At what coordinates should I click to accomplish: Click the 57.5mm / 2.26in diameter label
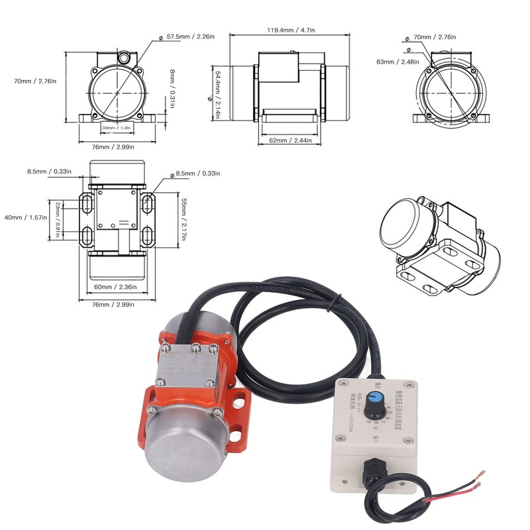point(191,37)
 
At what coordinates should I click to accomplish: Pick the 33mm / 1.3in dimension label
point(117,127)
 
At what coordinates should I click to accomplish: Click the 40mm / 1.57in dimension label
point(26,217)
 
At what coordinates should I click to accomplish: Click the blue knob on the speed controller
point(376,397)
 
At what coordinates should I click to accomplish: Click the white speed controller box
point(375,424)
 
